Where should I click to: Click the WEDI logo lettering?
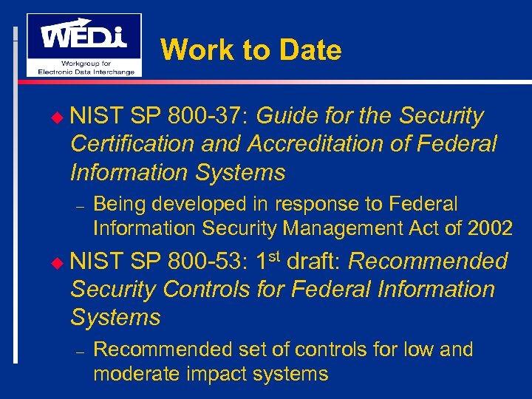[83, 35]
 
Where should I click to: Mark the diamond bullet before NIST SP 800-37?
[61, 117]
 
